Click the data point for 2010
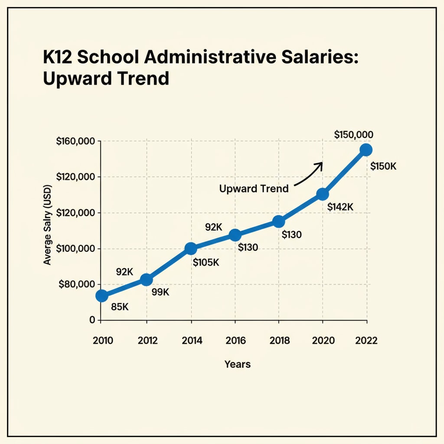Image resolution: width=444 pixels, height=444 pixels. (101, 296)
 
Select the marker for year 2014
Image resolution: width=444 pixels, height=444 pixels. (190, 248)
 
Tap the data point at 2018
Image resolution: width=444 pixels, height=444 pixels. (279, 222)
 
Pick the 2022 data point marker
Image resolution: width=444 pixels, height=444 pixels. (366, 150)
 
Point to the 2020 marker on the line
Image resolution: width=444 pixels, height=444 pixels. (322, 194)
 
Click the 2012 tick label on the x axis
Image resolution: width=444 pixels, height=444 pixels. (147, 340)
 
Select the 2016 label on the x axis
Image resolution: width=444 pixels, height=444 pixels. (235, 340)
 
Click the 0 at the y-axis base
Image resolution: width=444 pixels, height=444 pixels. (92, 320)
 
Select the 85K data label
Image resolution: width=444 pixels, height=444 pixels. (120, 307)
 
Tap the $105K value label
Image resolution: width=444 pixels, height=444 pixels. (206, 262)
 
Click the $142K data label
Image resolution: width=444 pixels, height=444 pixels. (340, 207)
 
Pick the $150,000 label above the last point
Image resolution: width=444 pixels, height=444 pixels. (354, 135)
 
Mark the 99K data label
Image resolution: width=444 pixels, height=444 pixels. (160, 292)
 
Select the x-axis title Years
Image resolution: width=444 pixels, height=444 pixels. (237, 364)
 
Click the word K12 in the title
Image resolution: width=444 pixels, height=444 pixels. (61, 58)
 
